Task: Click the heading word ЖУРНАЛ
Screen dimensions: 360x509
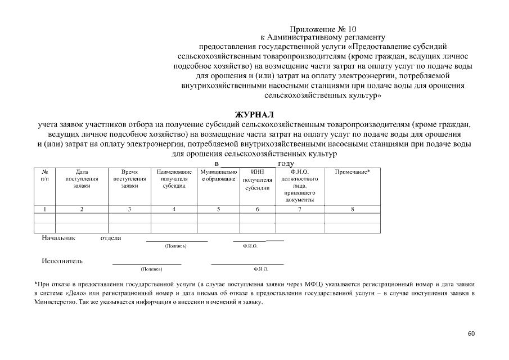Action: pyautogui.click(x=254, y=114)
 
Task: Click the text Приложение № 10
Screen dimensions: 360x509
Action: pyautogui.click(x=323, y=29)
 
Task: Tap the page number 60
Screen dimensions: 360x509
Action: pyautogui.click(x=471, y=334)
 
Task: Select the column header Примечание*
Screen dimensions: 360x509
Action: pyautogui.click(x=352, y=171)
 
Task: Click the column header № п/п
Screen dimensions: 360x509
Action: pyautogui.click(x=45, y=174)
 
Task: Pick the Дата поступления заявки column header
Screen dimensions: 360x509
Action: pyautogui.click(x=82, y=178)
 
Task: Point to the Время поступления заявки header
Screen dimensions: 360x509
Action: pyautogui.click(x=129, y=178)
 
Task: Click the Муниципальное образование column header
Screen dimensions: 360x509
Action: pyautogui.click(x=218, y=174)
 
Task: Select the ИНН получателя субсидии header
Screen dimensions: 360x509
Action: pyautogui.click(x=258, y=179)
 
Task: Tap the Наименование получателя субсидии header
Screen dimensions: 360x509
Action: pyautogui.click(x=174, y=178)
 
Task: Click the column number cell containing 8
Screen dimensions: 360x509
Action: pyautogui.click(x=352, y=209)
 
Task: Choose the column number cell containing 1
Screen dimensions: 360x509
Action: pyautogui.click(x=45, y=209)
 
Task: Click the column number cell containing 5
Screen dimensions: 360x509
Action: pyautogui.click(x=218, y=209)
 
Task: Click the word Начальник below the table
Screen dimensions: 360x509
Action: pyautogui.click(x=58, y=238)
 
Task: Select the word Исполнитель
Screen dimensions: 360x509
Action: pyautogui.click(x=62, y=261)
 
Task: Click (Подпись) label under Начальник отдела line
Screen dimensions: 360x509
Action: pyautogui.click(x=175, y=246)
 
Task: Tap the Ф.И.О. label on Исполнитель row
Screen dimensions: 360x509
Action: pyautogui.click(x=261, y=269)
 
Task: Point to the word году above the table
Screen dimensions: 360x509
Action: pyautogui.click(x=286, y=163)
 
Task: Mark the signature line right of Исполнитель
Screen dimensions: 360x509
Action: pyautogui.click(x=147, y=264)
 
